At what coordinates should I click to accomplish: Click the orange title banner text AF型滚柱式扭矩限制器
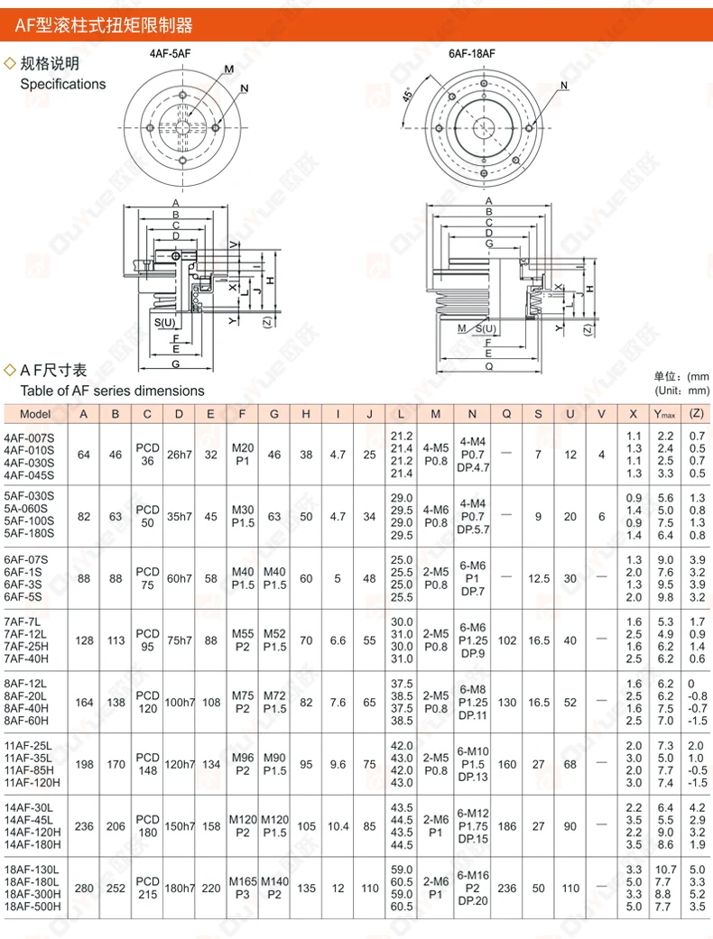point(104,24)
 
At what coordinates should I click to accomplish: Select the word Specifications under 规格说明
point(63,84)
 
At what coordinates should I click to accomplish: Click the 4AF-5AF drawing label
point(170,53)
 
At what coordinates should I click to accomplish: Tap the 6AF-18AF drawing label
point(473,53)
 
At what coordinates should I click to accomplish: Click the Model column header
point(34,414)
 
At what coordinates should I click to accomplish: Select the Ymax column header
point(665,414)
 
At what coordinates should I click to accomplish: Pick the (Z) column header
point(696,414)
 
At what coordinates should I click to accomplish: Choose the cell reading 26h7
point(180,455)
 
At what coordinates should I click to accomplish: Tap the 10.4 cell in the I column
point(338,825)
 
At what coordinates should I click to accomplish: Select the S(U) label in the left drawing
point(164,322)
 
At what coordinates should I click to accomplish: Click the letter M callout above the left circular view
point(227,69)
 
